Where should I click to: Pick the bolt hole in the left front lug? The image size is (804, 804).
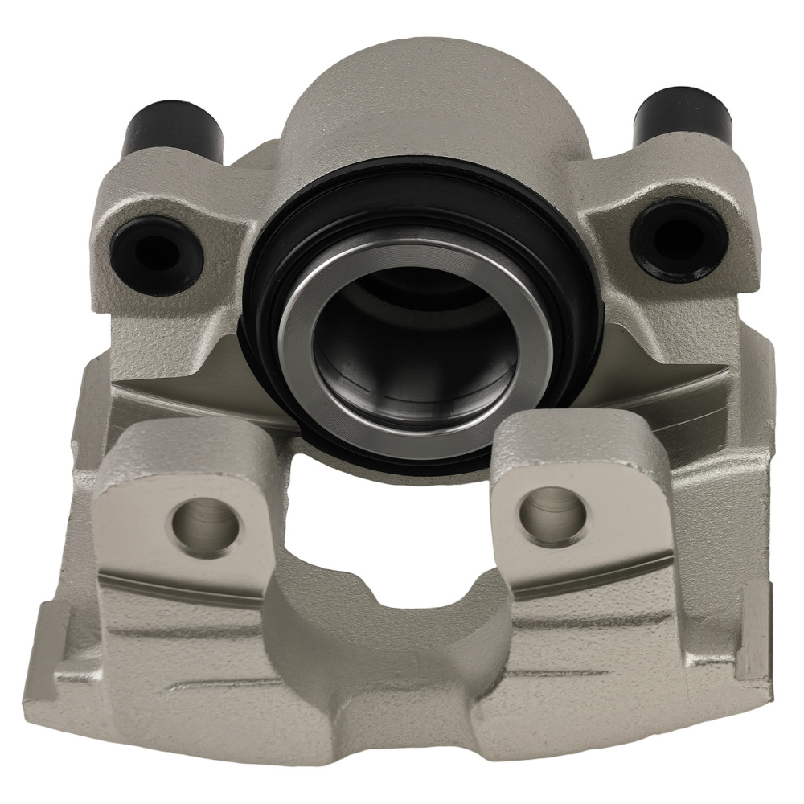click(206, 527)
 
